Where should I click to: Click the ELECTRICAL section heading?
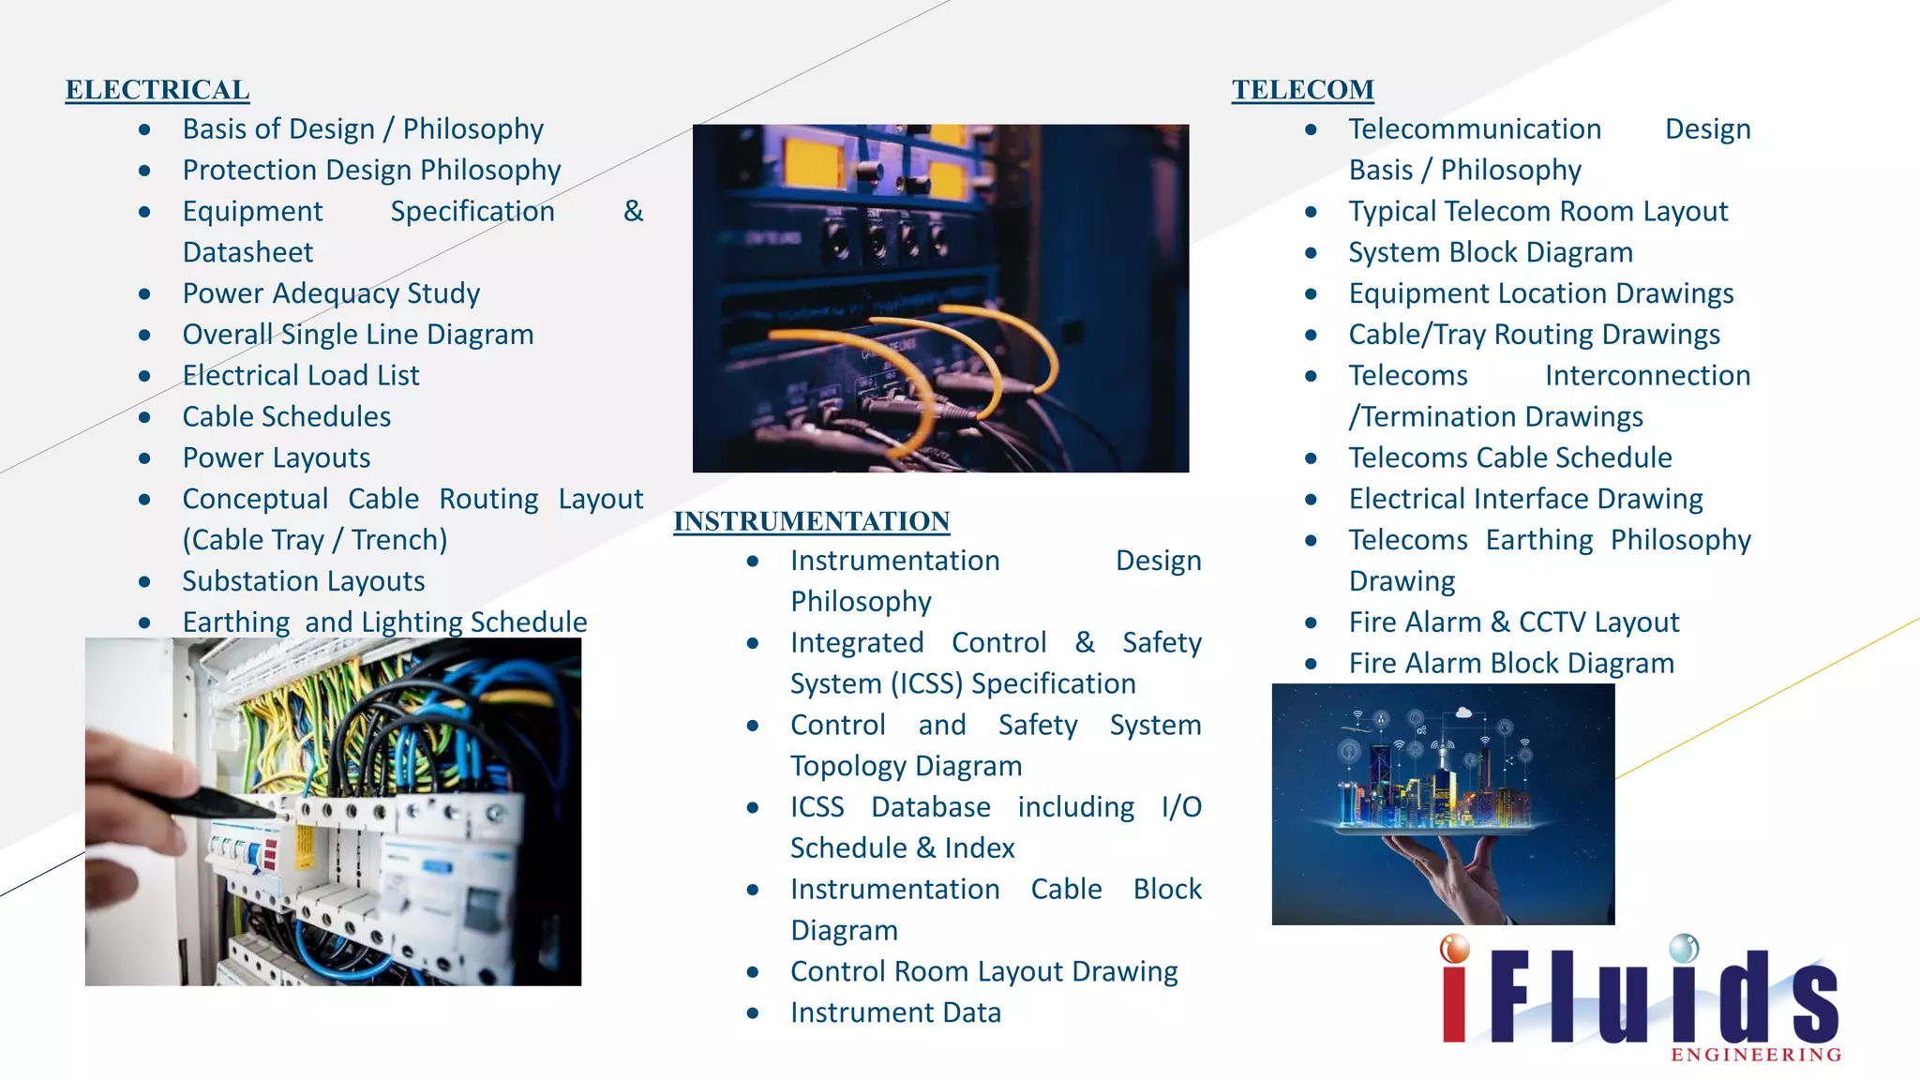click(x=157, y=90)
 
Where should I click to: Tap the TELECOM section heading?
click(x=1302, y=90)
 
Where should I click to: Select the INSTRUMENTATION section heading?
click(x=812, y=521)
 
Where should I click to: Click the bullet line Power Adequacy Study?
click(x=331, y=293)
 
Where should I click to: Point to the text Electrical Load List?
click(x=301, y=376)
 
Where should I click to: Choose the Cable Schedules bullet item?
click(x=287, y=417)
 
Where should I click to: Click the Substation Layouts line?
click(x=304, y=581)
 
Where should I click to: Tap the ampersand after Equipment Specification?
click(x=634, y=211)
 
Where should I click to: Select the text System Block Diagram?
click(x=1491, y=252)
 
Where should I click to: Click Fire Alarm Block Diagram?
click(x=1511, y=664)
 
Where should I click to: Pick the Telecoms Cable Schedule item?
click(x=1510, y=457)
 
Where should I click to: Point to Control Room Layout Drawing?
click(x=983, y=971)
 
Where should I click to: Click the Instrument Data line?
click(x=895, y=1012)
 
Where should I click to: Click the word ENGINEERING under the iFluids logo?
click(x=1756, y=1056)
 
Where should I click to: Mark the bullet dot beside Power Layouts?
click(x=144, y=458)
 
